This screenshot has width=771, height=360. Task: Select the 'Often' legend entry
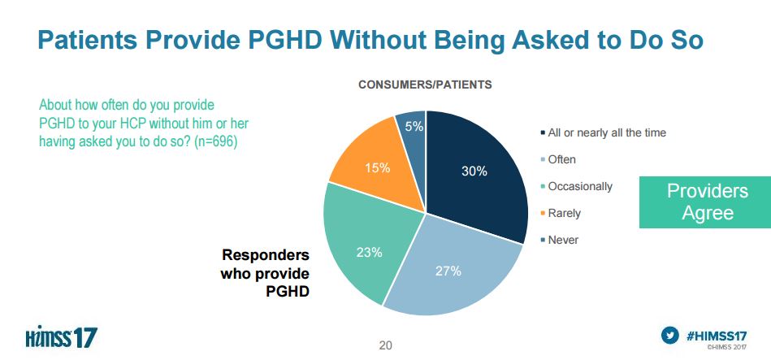pyautogui.click(x=561, y=159)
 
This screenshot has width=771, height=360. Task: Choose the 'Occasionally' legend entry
pyautogui.click(x=579, y=186)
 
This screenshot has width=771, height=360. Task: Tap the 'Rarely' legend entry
pyautogui.click(x=564, y=213)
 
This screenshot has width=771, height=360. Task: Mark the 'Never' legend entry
pyautogui.click(x=562, y=240)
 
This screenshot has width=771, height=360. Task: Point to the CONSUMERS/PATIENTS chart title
pyautogui.click(x=425, y=84)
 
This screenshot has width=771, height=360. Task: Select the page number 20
pyautogui.click(x=385, y=345)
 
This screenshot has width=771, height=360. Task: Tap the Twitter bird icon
pyautogui.click(x=670, y=334)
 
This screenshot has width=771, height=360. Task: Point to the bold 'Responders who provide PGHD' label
pyautogui.click(x=265, y=271)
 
